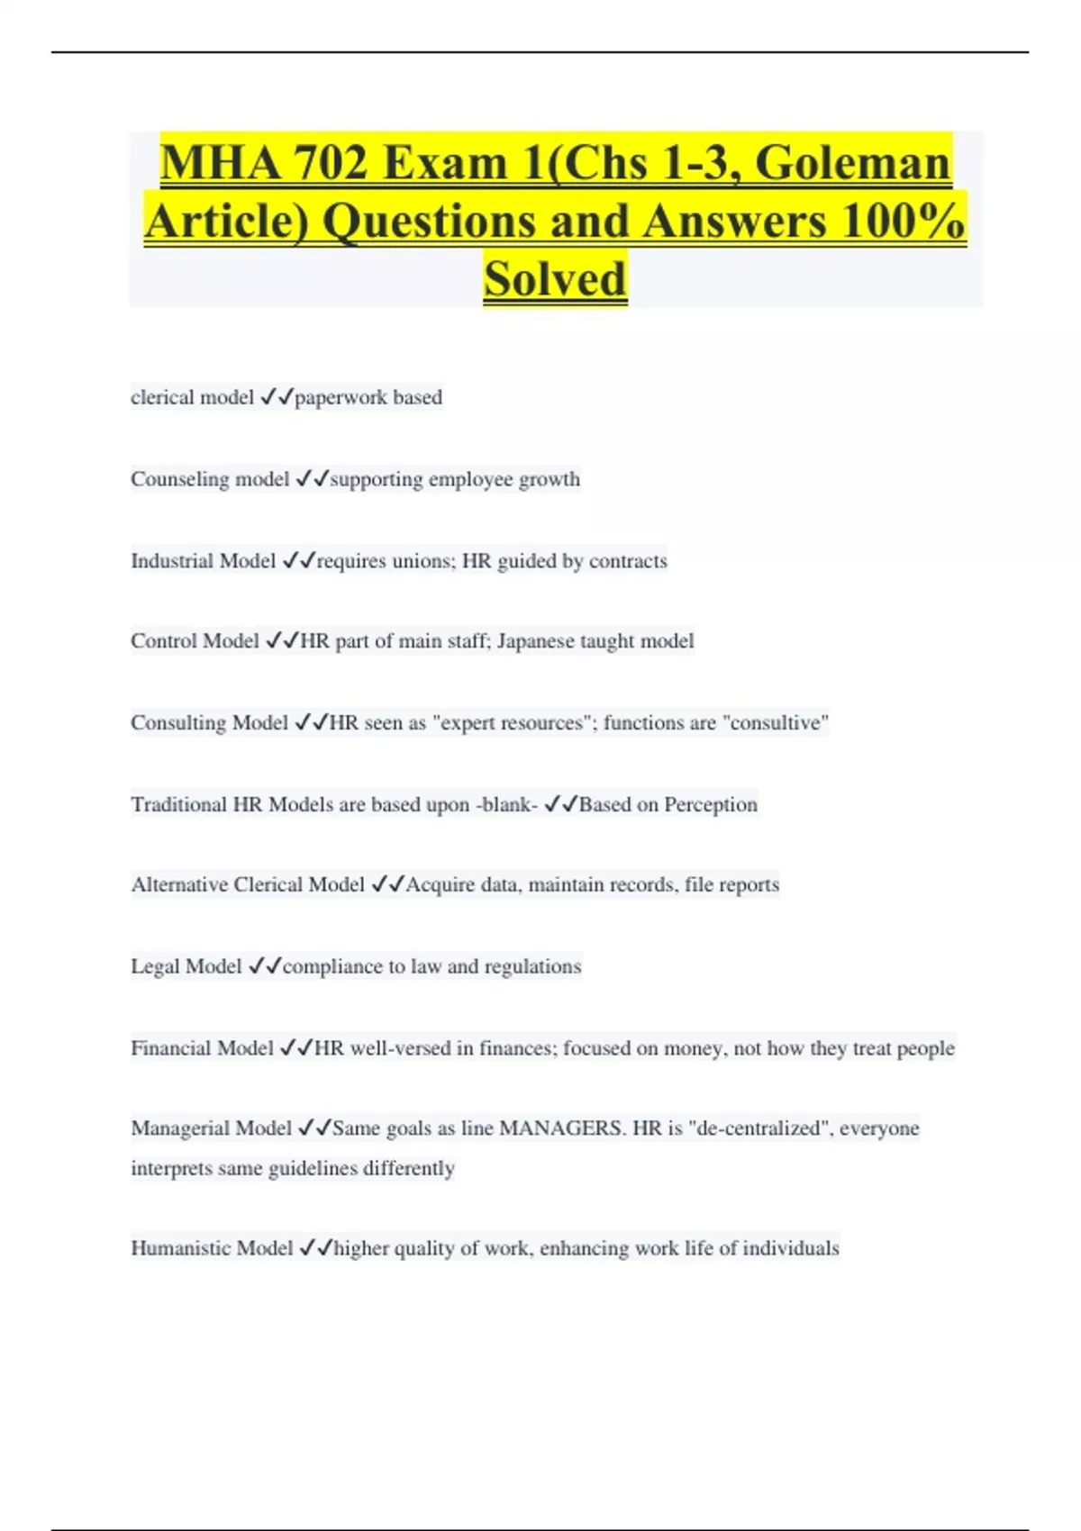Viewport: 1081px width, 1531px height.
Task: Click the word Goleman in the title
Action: pos(852,163)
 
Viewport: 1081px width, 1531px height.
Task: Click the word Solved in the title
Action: pos(554,278)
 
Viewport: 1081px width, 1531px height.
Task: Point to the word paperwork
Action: pos(341,397)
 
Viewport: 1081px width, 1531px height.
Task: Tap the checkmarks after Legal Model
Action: pos(265,966)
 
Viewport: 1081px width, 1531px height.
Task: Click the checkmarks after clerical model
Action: pos(277,397)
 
